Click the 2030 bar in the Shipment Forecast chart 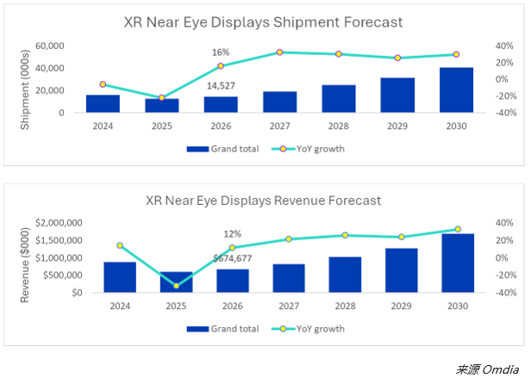(456, 90)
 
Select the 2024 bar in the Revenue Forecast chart (120, 277)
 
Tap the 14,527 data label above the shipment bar (221, 86)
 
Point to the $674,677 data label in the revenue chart (233, 258)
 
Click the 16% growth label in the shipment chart (221, 53)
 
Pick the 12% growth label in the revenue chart (233, 234)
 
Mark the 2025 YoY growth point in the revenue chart (176, 286)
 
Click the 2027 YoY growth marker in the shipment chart (279, 53)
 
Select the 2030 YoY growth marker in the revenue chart (458, 229)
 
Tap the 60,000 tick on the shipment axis (49, 46)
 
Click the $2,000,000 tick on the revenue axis (59, 223)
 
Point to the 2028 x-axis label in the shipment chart (338, 127)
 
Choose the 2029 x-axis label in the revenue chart (402, 306)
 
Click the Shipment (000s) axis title (25, 90)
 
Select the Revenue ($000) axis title (25, 265)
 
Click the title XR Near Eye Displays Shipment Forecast (263, 22)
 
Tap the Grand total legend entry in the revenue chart (222, 329)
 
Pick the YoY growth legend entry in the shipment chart (309, 149)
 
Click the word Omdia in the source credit (500, 369)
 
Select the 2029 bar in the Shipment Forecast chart (397, 95)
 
